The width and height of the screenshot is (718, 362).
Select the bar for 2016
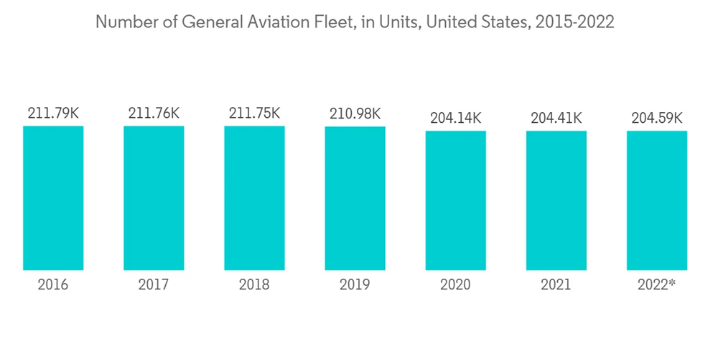pos(53,198)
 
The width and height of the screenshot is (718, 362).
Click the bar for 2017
pos(154,198)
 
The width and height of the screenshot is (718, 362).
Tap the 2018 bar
pos(254,198)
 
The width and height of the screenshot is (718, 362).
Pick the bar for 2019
pos(355,198)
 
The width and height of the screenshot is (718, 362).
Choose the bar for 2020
pos(455,200)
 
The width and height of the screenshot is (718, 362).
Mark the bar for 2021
pos(556,200)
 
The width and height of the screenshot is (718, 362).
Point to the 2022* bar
pos(656,200)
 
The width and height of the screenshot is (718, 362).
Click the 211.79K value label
pos(53,113)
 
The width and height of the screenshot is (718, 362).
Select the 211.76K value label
pos(154,113)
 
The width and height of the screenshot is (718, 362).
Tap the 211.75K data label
pos(254,113)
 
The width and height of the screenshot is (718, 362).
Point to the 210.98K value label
pos(355,113)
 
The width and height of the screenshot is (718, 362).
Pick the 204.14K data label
pos(455,118)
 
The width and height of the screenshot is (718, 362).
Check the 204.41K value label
pos(556,118)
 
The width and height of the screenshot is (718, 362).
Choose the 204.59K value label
pos(656,118)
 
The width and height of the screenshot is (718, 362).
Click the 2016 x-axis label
pos(53,285)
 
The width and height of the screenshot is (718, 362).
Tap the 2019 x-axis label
pos(355,285)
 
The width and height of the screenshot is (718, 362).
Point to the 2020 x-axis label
pos(455,285)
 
